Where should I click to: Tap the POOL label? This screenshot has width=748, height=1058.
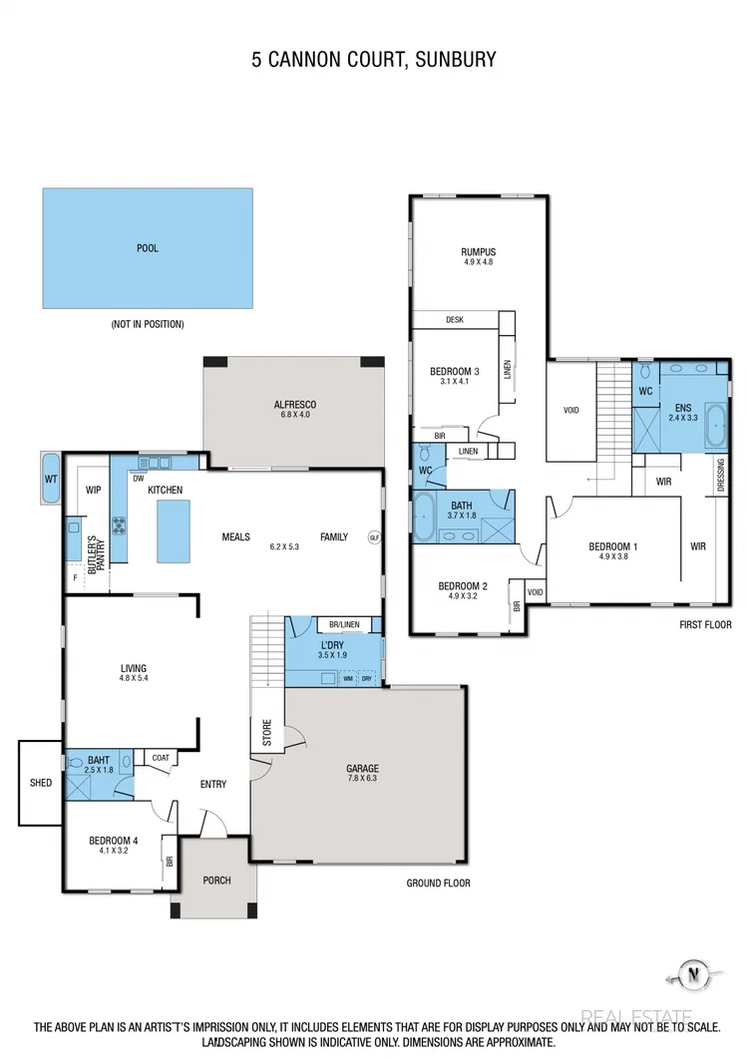tap(148, 248)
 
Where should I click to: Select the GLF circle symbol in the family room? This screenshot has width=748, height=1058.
tap(374, 536)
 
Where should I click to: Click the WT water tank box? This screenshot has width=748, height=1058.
tap(51, 480)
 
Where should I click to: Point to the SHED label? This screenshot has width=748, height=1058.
tap(40, 783)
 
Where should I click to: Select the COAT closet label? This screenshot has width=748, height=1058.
tap(161, 758)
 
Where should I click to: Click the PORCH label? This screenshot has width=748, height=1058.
tap(216, 881)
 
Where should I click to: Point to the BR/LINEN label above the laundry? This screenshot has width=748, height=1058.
tap(343, 625)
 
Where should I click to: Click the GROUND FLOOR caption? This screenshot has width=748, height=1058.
tap(438, 882)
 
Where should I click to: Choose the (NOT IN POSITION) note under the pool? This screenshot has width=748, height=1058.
tap(148, 324)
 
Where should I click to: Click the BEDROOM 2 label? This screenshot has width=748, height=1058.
tap(463, 586)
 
